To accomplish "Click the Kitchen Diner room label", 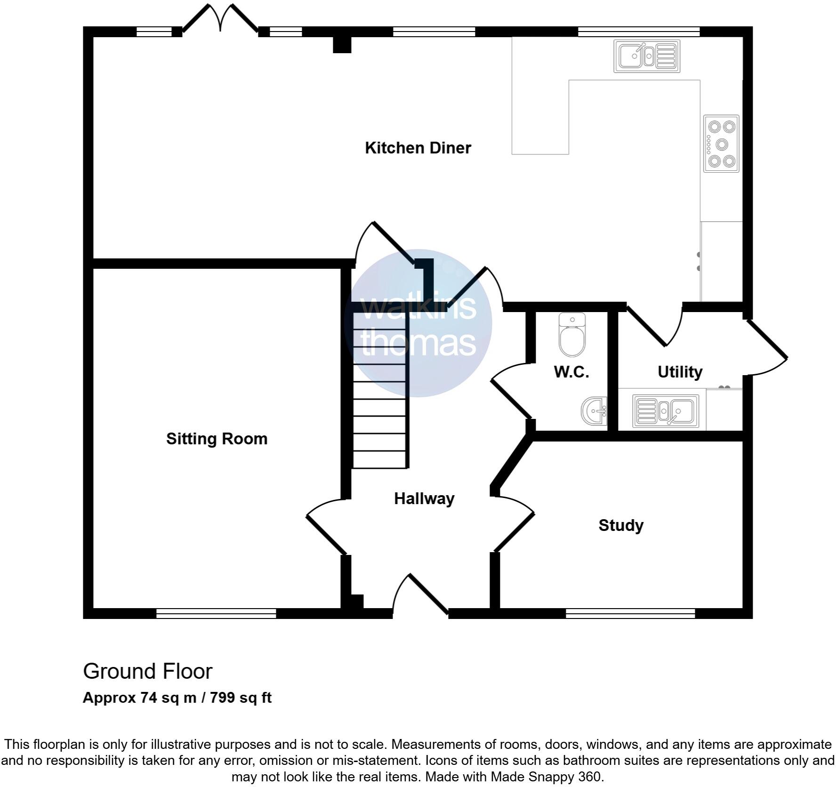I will [x=418, y=148].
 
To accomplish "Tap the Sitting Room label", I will [x=217, y=439].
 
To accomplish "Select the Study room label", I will [x=620, y=525].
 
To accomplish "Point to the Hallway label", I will [x=424, y=498].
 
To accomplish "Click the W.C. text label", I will [x=571, y=372].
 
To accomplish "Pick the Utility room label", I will [x=679, y=372].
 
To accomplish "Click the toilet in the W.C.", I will [x=572, y=336].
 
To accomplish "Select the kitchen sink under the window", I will [x=647, y=56].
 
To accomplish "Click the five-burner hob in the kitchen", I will [x=721, y=144].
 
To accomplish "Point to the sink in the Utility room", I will [x=665, y=411].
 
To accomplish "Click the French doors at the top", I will [x=220, y=19].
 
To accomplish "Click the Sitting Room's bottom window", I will [x=216, y=613].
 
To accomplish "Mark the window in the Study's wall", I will [x=630, y=613].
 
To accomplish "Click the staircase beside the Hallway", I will [x=379, y=391].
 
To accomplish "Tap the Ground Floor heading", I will [x=147, y=671].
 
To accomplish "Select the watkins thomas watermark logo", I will [x=418, y=324].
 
